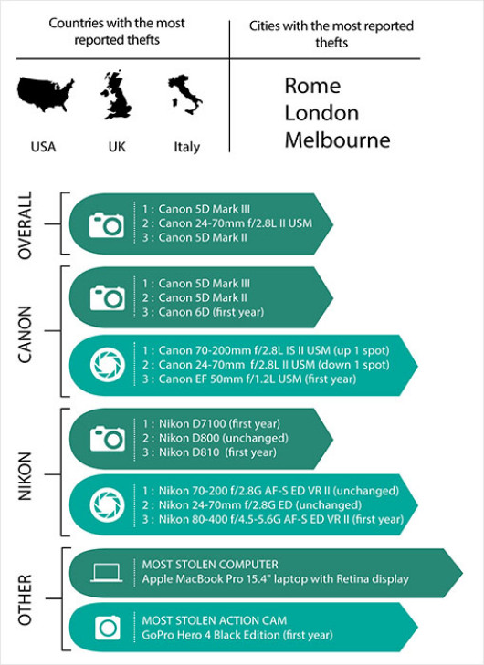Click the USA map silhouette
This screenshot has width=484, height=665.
45,94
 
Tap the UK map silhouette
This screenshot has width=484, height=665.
116,95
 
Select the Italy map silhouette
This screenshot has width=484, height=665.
184,94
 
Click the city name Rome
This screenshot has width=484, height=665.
312,86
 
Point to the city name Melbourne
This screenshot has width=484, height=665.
338,140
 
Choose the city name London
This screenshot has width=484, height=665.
321,113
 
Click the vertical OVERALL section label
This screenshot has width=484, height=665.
25,225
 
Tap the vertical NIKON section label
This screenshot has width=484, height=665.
25,476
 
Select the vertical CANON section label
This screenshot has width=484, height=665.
25,334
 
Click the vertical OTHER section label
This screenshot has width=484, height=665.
25,599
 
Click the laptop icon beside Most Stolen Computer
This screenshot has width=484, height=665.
107,573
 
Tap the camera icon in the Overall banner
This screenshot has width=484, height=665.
107,225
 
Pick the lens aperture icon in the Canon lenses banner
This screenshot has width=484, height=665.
108,365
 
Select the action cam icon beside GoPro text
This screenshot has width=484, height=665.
108,628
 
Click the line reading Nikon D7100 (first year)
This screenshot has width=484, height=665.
212,424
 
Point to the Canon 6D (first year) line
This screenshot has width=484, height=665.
203,313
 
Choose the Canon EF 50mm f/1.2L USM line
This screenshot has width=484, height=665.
248,379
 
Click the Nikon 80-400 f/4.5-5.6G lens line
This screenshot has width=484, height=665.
272,520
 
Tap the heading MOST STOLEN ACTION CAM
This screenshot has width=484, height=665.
215,621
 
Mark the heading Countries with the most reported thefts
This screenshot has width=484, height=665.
117,31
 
